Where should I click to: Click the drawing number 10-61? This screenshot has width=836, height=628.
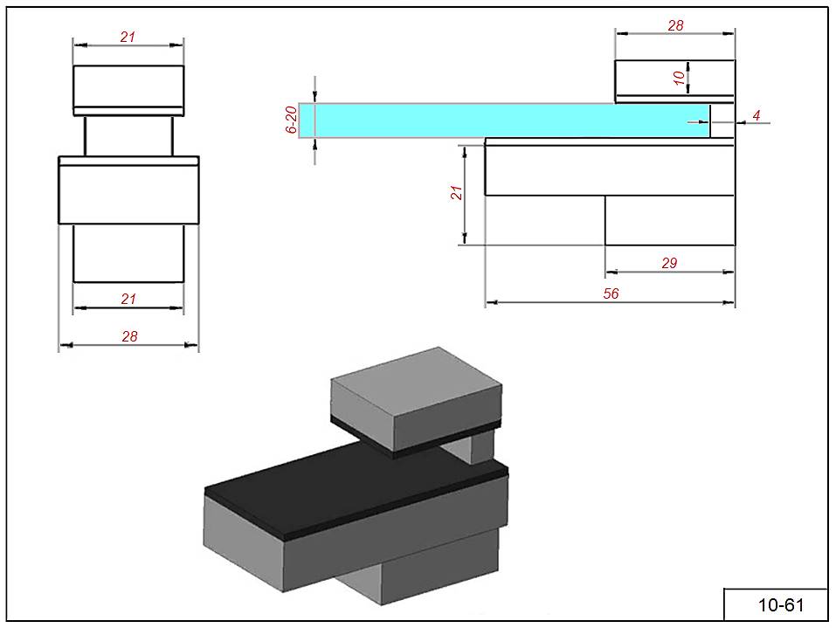pos(780,604)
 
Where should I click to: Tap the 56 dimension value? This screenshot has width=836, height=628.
pos(611,294)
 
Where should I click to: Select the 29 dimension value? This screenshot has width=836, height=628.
pos(669,263)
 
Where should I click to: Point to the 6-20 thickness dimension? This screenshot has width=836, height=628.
pos(292,120)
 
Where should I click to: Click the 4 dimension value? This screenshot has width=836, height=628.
pos(757,115)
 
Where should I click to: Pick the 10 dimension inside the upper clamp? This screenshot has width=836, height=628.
pos(679,77)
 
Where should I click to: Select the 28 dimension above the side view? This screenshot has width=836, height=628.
pos(675,26)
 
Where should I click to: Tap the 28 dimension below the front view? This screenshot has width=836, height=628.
pos(129,336)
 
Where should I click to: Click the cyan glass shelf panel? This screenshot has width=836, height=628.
pos(507,121)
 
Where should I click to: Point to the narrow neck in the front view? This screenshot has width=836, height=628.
pos(128,135)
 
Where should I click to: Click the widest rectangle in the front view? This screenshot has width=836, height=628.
pos(128,192)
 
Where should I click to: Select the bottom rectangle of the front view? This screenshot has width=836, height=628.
pos(128,253)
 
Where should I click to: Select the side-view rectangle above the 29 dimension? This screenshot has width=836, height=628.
pos(669,220)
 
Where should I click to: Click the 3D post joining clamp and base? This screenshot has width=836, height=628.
pos(479,446)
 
